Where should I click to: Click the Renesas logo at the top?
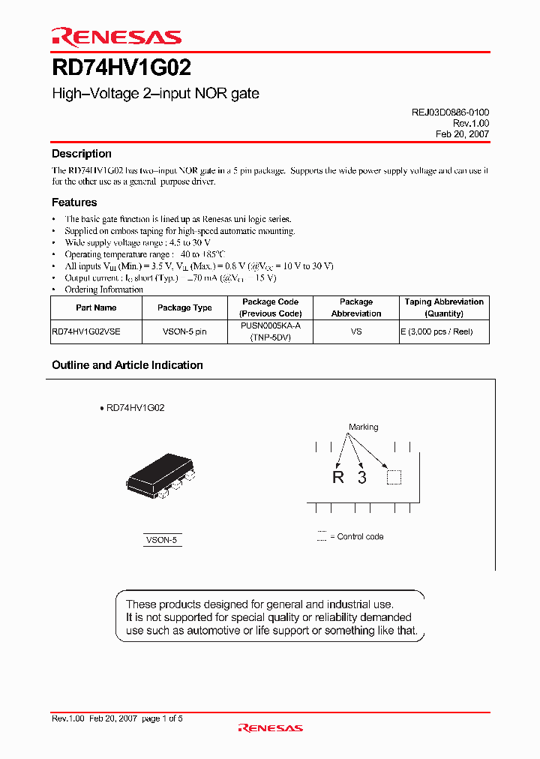(x=116, y=37)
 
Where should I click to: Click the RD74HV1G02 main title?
(x=121, y=68)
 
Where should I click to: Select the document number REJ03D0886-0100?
(x=450, y=112)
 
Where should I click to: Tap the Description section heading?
(x=82, y=154)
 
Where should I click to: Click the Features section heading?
(x=74, y=202)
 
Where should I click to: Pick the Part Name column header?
(x=96, y=307)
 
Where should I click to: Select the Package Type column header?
(x=184, y=307)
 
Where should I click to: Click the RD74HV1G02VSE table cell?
(x=85, y=331)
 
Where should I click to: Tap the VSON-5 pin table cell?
(x=184, y=331)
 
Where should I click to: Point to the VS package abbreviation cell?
(x=356, y=331)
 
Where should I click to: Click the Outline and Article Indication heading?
(x=127, y=365)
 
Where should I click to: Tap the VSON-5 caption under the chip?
(x=162, y=540)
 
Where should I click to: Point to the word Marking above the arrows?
(x=364, y=427)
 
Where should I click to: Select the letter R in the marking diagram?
(x=338, y=478)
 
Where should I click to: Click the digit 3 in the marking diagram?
(x=362, y=478)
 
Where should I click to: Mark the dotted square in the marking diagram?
(x=394, y=478)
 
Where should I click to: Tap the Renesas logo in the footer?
(x=270, y=727)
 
